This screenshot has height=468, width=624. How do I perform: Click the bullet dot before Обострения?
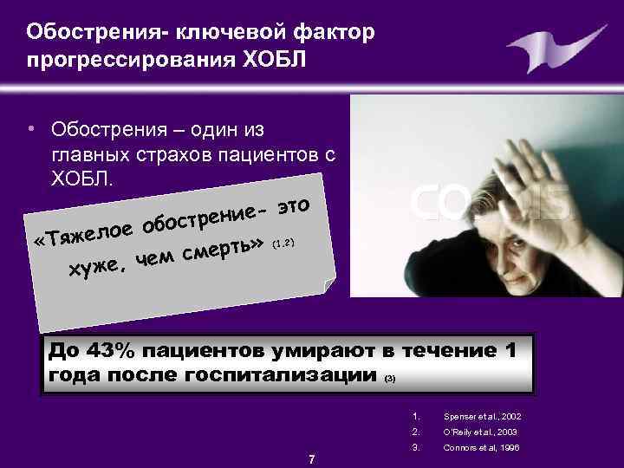pos(30,131)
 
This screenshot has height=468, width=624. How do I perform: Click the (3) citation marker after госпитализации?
pos(389,379)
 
